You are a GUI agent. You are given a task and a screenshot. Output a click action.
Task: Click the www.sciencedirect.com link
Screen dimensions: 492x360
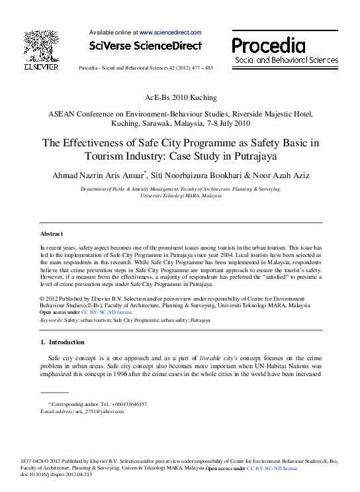pos(170,32)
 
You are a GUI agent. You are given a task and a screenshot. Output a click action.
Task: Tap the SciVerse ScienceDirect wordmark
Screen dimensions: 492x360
pos(144,46)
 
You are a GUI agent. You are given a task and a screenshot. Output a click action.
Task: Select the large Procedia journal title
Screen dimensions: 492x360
pos(268,45)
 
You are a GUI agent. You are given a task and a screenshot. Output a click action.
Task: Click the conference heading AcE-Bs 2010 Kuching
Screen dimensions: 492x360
pos(180,97)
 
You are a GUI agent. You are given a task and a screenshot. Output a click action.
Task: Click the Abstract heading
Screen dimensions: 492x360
pos(52,234)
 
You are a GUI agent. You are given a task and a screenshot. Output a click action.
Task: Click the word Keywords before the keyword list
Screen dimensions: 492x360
pos(51,320)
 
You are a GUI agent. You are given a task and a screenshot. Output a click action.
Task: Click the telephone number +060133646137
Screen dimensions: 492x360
pos(124,404)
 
